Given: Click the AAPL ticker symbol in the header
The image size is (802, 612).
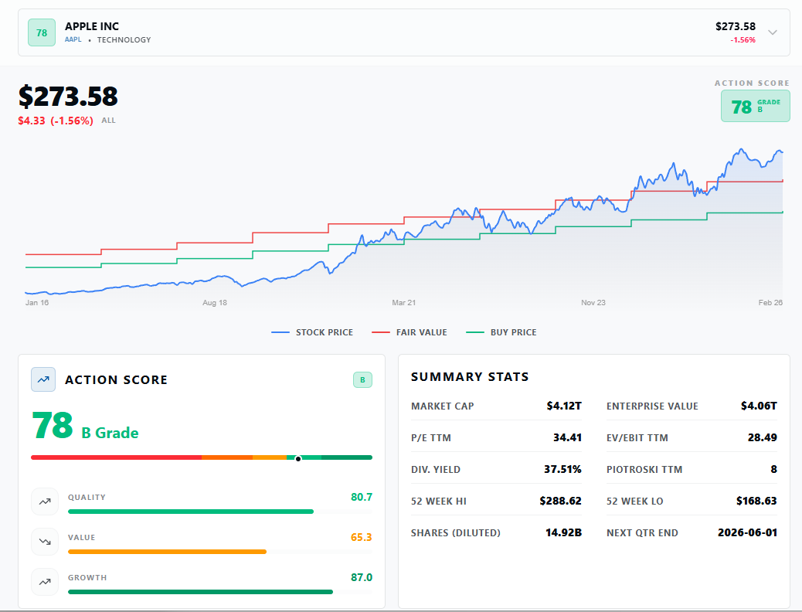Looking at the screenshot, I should pyautogui.click(x=73, y=39).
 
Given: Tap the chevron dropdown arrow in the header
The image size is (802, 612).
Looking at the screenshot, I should pyautogui.click(x=773, y=32).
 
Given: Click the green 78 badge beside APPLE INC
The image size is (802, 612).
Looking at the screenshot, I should pyautogui.click(x=42, y=32).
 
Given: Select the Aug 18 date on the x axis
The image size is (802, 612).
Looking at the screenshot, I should pyautogui.click(x=214, y=303).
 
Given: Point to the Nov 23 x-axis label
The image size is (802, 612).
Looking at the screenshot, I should pyautogui.click(x=593, y=303).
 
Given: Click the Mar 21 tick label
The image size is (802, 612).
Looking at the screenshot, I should pyautogui.click(x=403, y=303).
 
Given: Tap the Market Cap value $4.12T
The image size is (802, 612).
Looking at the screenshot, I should pyautogui.click(x=563, y=406).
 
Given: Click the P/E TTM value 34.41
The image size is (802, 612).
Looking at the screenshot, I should pyautogui.click(x=567, y=437).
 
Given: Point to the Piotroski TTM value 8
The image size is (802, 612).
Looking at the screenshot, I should pyautogui.click(x=773, y=469).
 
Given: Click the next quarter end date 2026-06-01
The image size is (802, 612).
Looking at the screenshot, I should pyautogui.click(x=747, y=532).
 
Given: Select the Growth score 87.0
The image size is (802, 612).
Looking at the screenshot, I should pyautogui.click(x=361, y=577).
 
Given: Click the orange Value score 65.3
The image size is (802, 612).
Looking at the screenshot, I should pyautogui.click(x=361, y=537).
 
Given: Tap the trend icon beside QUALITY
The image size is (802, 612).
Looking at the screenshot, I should pyautogui.click(x=45, y=501).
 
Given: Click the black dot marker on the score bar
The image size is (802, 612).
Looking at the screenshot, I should pyautogui.click(x=298, y=459).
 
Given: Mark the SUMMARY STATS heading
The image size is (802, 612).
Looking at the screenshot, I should pyautogui.click(x=470, y=377).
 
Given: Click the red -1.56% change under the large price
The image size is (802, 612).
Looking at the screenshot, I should pyautogui.click(x=72, y=121).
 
